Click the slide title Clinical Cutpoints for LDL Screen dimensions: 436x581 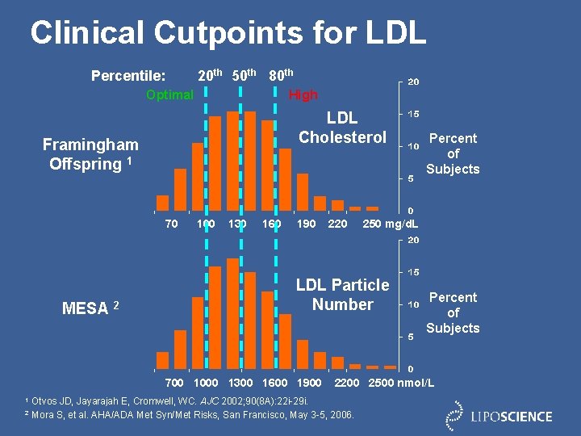point(228,32)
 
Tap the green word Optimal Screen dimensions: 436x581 point(169,94)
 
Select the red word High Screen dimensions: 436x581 point(303,94)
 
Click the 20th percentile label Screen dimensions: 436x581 point(211,76)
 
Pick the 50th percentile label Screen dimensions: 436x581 point(244,76)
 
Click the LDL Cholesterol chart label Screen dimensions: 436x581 point(342,128)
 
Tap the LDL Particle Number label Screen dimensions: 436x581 point(342,295)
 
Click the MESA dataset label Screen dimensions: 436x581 point(90,308)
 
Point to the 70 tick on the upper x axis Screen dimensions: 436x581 point(171,224)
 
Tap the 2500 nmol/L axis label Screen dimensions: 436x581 point(401,382)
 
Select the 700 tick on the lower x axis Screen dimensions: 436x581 point(173,382)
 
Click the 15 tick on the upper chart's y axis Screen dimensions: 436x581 point(412,114)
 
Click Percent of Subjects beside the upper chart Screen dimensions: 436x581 point(453,153)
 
